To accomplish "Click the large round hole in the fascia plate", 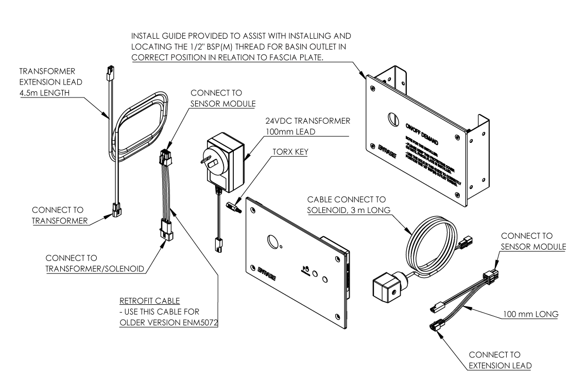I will [x=272, y=241].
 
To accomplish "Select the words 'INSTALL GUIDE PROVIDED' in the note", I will [x=176, y=37].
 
